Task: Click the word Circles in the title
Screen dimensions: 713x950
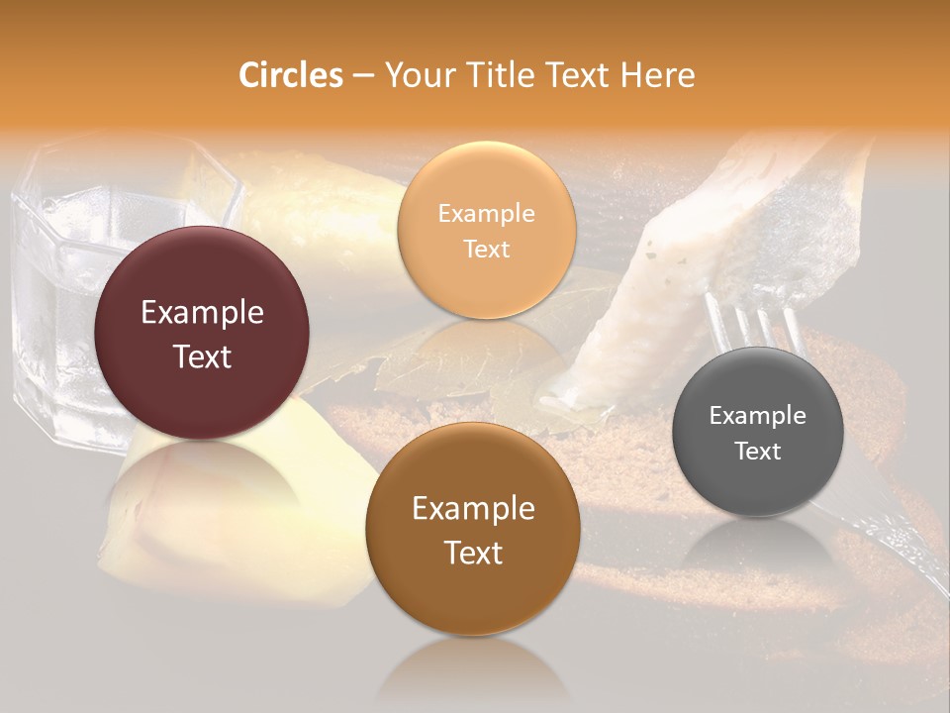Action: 291,75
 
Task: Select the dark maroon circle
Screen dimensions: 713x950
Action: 202,333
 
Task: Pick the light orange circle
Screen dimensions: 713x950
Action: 486,230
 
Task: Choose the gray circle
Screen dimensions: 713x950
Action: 758,432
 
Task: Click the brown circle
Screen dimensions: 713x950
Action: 472,529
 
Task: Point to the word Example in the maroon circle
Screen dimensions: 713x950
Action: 202,313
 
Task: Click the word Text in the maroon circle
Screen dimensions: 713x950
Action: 202,356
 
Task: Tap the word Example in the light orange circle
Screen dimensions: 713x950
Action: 486,213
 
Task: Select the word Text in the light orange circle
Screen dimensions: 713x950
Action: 486,249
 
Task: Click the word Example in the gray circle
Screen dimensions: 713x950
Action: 758,415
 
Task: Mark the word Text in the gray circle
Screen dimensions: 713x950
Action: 758,451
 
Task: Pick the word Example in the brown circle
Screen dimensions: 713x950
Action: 473,508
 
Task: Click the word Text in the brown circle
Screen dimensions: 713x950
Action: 473,552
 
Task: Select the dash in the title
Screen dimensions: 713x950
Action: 362,76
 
